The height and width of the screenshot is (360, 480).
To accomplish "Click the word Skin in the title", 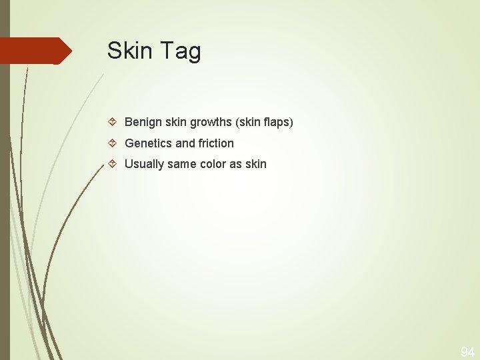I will point(130,51).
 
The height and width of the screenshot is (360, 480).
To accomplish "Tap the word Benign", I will point(143,123).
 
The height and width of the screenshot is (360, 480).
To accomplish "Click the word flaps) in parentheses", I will point(277,123).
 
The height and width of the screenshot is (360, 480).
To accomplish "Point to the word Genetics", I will point(148,143).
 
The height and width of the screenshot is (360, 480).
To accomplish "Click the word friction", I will point(216,143).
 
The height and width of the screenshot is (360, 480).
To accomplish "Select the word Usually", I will point(145,164).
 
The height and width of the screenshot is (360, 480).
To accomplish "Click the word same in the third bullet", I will point(182,164).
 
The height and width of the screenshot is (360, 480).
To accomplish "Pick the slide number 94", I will point(467,352).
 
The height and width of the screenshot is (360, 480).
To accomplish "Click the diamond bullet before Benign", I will point(113,123).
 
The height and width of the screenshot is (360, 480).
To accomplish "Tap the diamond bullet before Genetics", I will point(113,143).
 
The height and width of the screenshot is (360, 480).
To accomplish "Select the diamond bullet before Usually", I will point(113,164).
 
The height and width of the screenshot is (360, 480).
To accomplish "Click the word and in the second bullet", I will point(185,143).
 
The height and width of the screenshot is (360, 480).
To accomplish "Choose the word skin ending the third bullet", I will point(257,164).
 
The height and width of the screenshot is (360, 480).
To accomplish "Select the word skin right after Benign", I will point(175,123).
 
